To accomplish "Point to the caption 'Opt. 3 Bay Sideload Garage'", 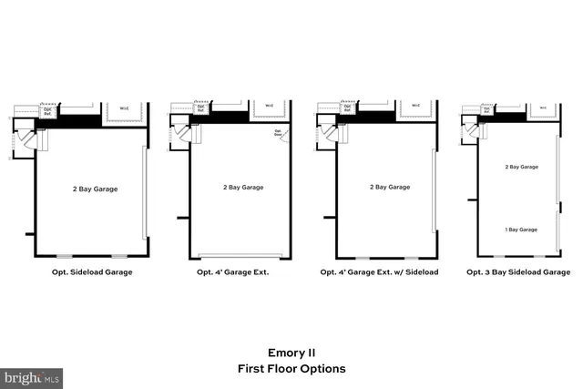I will coord(519,272).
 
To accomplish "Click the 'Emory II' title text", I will coord(291,351).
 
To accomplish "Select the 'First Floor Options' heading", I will coord(291,369).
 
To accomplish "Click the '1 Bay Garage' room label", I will coord(521,230).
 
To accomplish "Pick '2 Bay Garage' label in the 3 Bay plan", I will coord(521,167).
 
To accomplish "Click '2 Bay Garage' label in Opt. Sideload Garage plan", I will coord(95,189).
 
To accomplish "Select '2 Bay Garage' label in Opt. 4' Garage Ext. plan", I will coord(243,187).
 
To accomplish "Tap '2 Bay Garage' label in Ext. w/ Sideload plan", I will coord(389,187).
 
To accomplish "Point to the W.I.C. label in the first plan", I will coord(122,107).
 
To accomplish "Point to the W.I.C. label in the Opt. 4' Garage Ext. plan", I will coord(269,106).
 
